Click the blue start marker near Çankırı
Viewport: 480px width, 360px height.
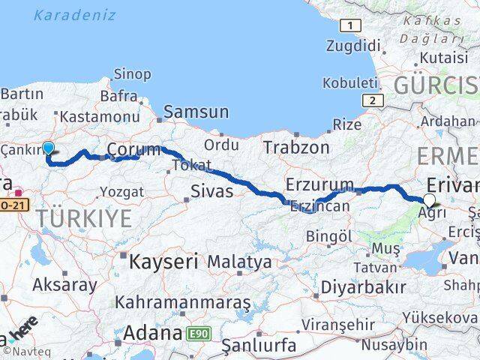point(49,148)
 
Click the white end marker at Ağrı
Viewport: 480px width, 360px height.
point(429,199)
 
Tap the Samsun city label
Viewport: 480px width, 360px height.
point(196,112)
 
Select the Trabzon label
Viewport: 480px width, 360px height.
point(295,148)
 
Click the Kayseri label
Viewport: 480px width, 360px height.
point(163,262)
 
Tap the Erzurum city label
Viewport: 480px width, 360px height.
point(319,184)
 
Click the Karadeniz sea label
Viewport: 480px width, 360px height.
point(75,15)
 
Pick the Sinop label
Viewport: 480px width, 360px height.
point(131,73)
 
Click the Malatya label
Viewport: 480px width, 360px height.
point(239,262)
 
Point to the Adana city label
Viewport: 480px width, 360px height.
point(153,331)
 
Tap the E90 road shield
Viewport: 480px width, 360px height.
point(198,331)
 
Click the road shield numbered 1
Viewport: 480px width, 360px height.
point(348,26)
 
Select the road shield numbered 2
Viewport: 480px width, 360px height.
point(370,100)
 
